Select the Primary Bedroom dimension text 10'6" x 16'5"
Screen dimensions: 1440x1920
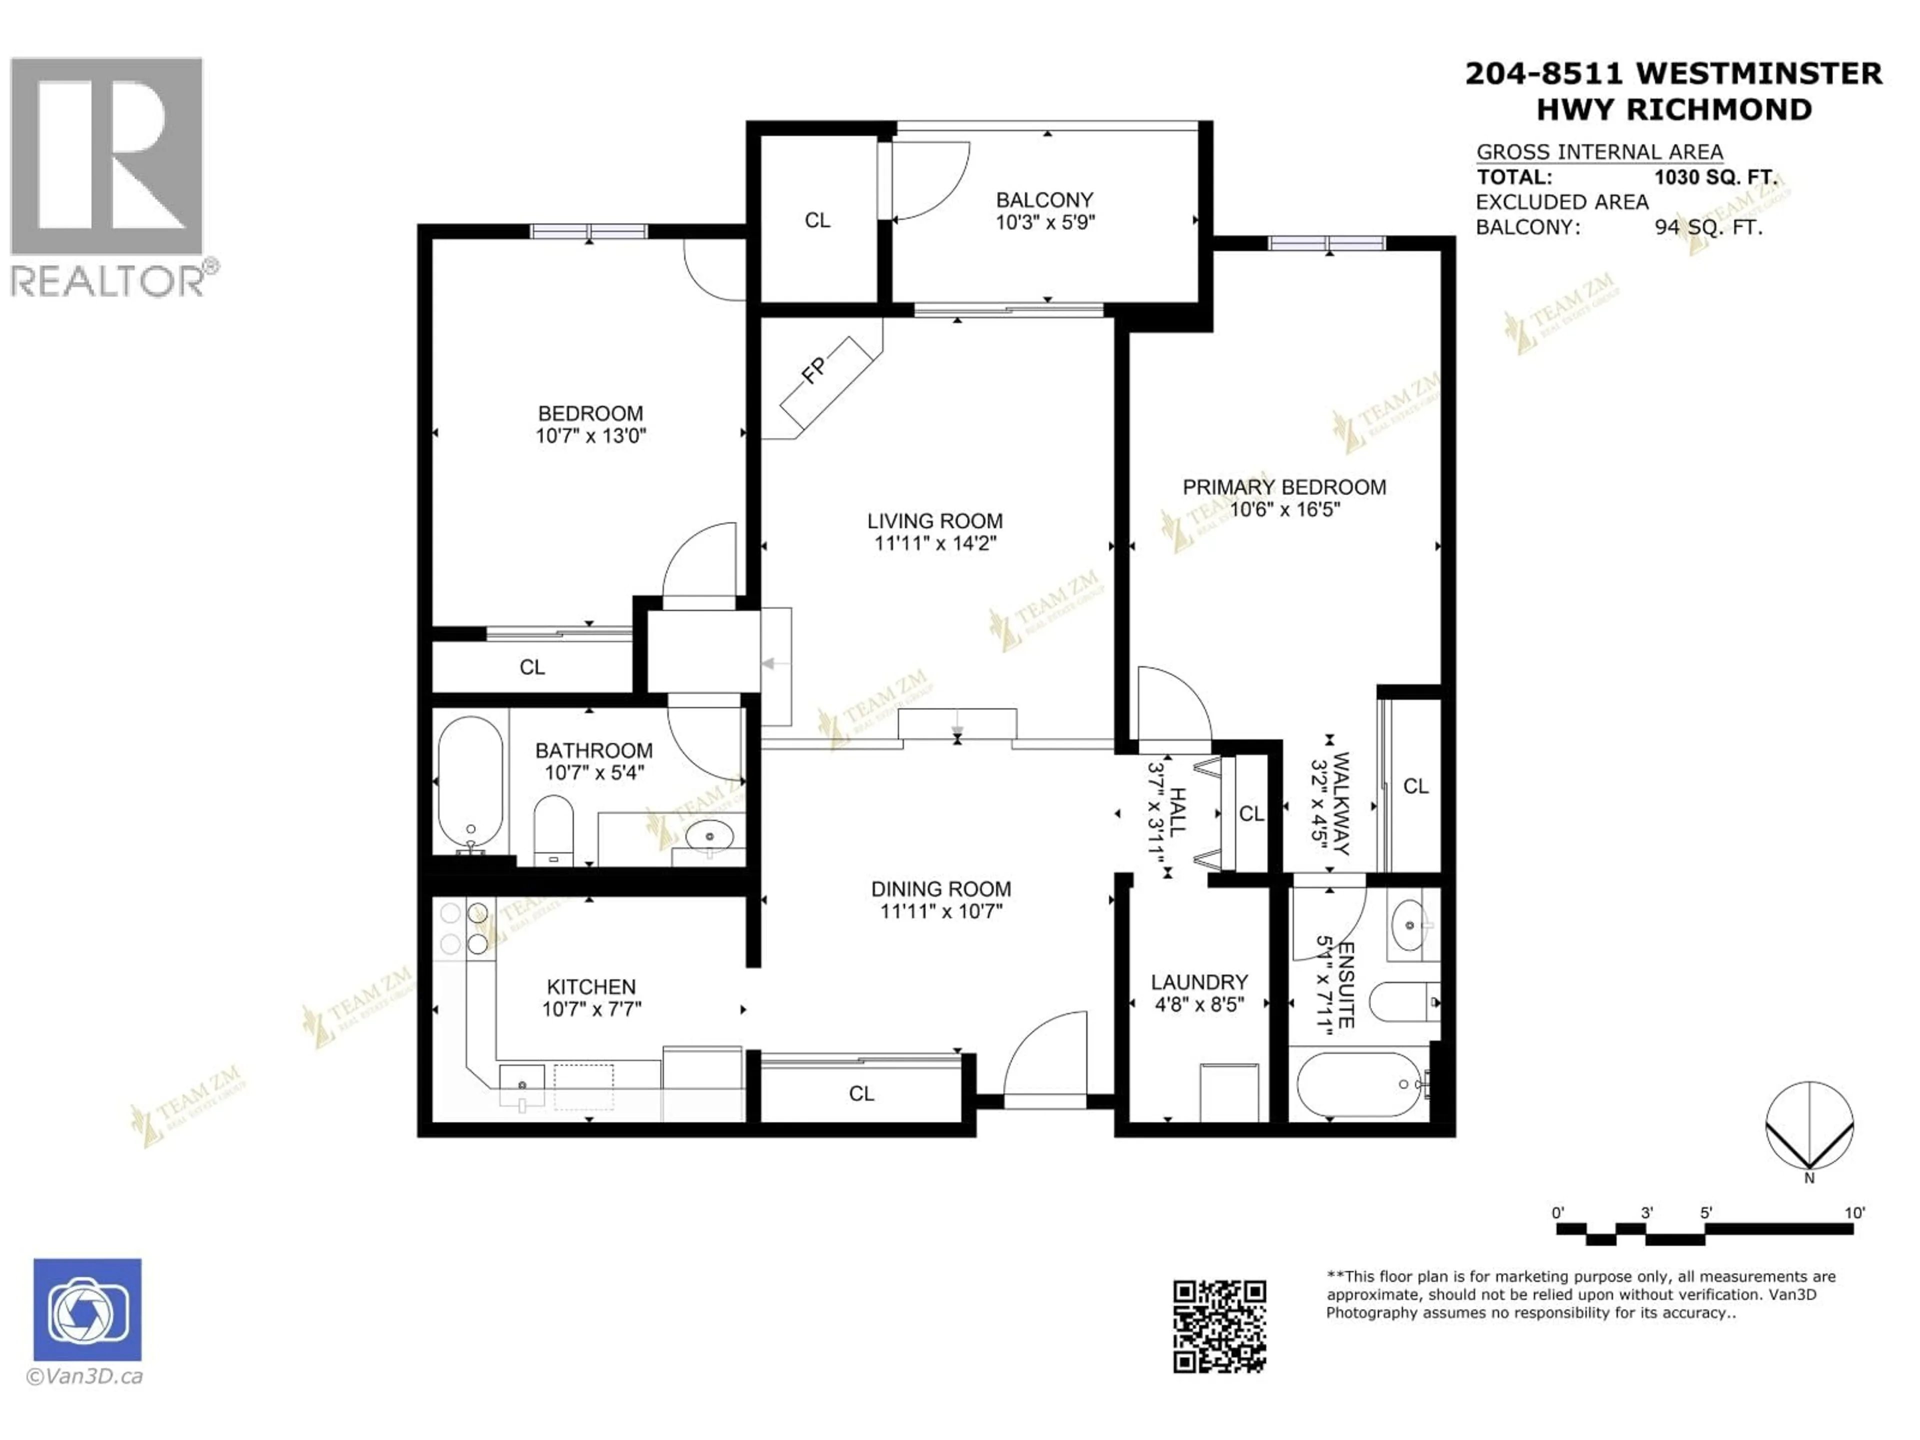(1284, 509)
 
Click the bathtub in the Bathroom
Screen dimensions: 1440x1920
(469, 780)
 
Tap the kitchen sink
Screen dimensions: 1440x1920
(522, 1085)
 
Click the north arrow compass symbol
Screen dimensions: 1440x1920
(1810, 1126)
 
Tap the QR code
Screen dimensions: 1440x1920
(1219, 1326)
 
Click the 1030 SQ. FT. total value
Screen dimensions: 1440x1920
(1715, 177)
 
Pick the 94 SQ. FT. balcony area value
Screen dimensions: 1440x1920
(1708, 227)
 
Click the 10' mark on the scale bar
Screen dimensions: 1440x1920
(1854, 1212)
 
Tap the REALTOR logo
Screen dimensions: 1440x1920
(107, 178)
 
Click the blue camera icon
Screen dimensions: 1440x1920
(87, 1310)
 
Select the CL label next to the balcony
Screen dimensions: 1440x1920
(817, 220)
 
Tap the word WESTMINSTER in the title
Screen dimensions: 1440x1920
(1759, 74)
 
